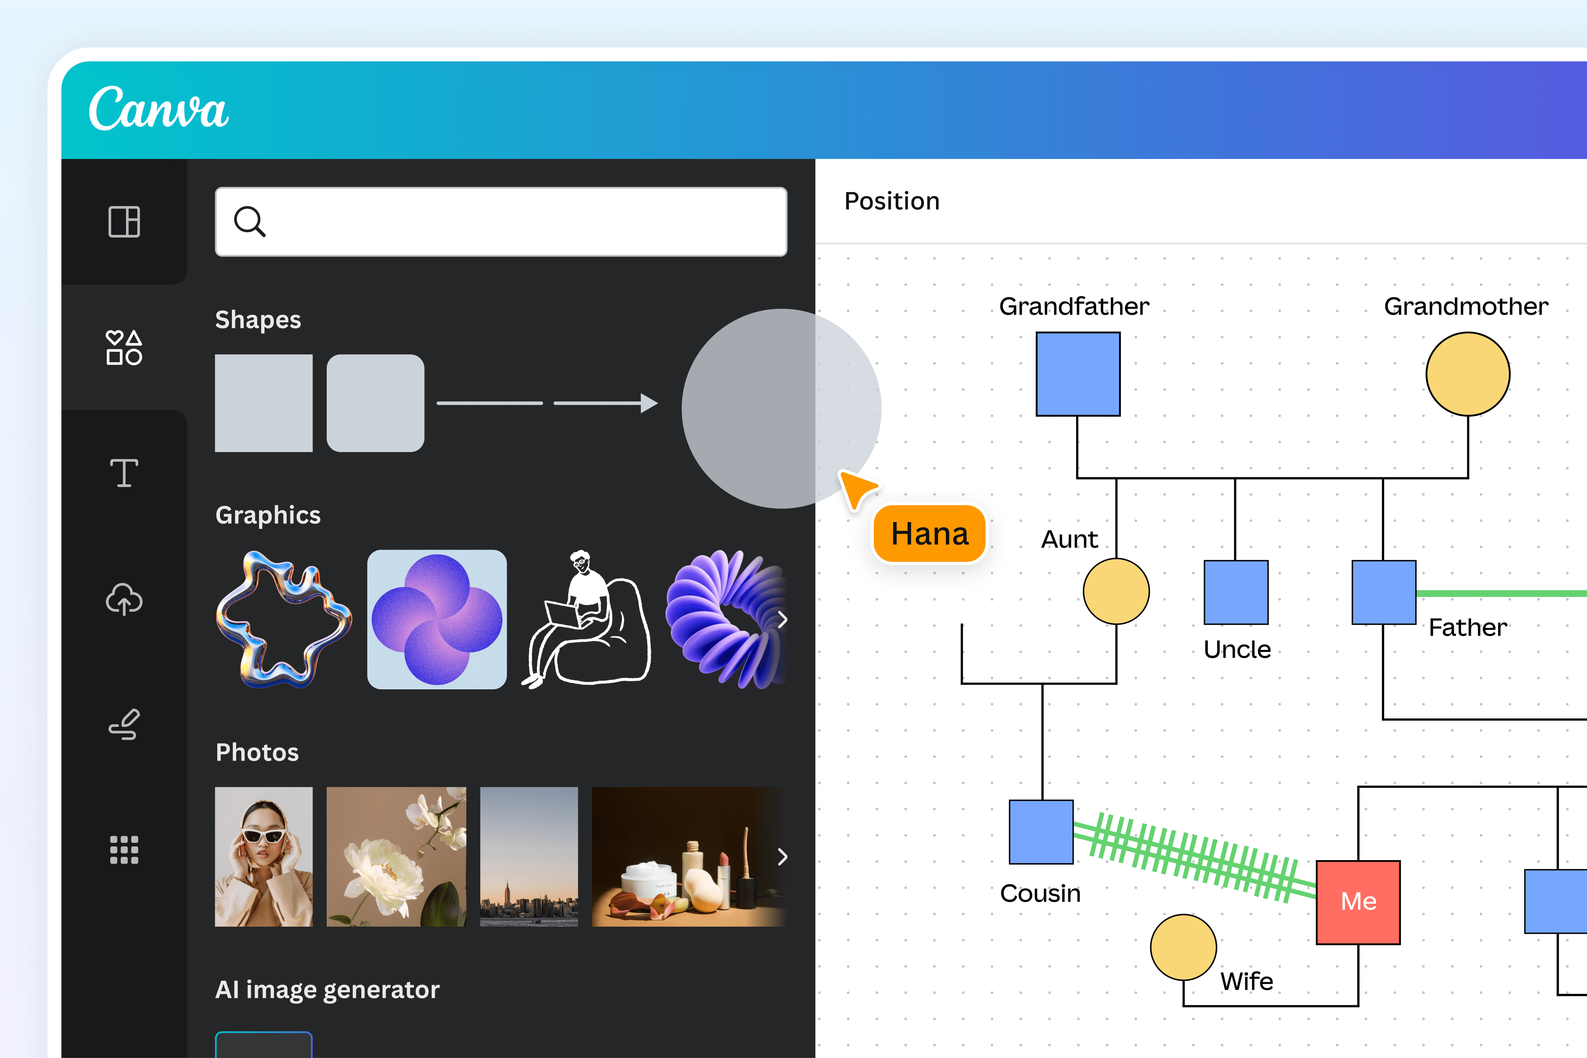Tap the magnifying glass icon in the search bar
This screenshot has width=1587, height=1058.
coord(249,221)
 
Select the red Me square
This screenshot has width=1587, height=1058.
coord(1358,902)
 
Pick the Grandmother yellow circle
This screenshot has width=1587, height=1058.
coord(1467,374)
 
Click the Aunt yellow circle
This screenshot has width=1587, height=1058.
coord(1116,591)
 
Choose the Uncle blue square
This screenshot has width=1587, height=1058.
coord(1236,593)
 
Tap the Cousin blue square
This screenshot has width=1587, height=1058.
coord(1041,832)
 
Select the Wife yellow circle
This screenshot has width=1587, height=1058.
coord(1183,947)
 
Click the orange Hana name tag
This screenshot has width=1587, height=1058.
coord(930,534)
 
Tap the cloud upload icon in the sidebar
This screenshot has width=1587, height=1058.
coord(124,599)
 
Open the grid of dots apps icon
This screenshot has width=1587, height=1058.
coord(124,849)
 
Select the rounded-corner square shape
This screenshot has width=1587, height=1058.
coord(375,403)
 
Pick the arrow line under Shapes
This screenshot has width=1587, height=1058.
coord(605,403)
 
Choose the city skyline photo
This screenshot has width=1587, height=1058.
coord(529,856)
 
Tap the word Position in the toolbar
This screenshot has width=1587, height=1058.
coord(892,201)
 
